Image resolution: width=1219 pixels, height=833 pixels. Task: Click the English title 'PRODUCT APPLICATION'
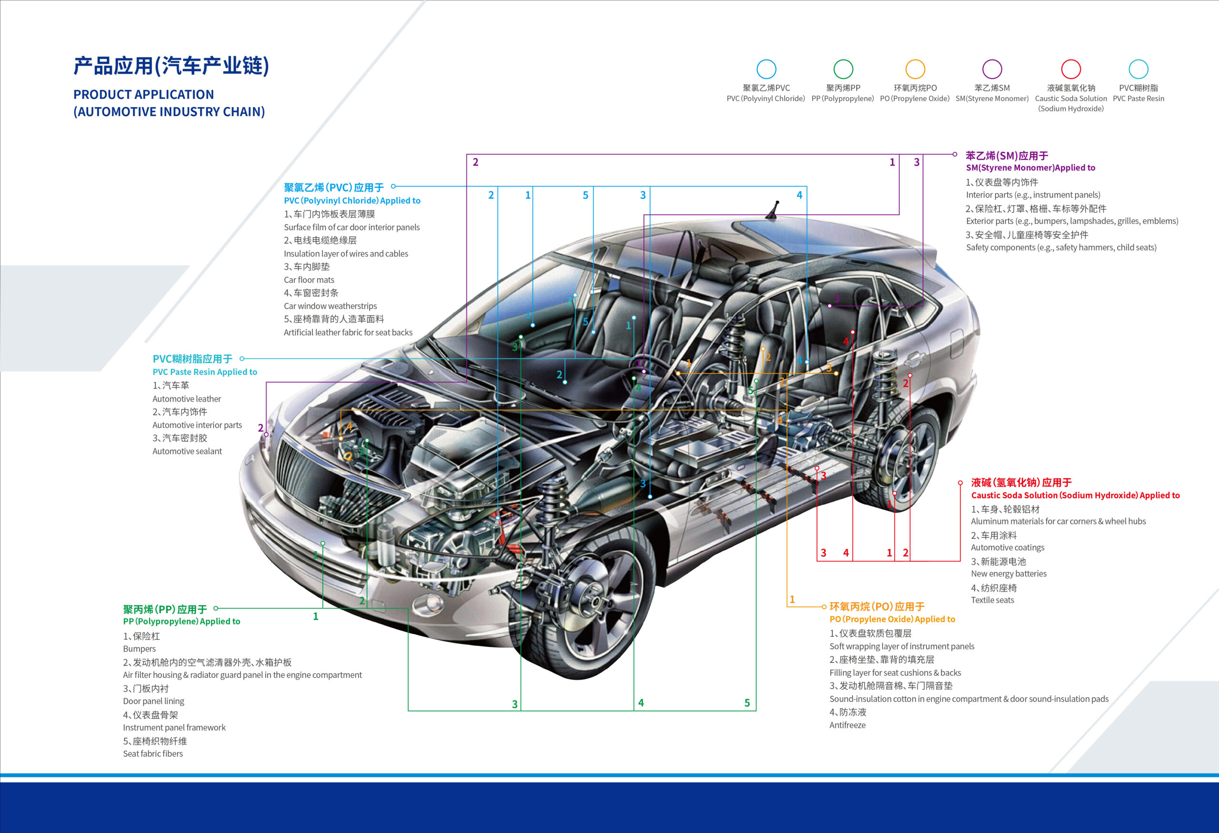click(x=144, y=94)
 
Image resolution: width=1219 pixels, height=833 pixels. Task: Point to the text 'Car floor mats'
click(x=309, y=280)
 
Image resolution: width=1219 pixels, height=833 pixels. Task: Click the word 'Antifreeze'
click(x=847, y=725)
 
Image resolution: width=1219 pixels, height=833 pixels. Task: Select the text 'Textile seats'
click(x=992, y=600)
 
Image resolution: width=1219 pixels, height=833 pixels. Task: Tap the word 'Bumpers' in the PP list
click(x=139, y=649)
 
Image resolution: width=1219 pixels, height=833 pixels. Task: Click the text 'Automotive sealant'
click(x=187, y=451)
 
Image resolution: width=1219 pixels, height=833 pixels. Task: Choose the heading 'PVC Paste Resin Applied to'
click(x=205, y=372)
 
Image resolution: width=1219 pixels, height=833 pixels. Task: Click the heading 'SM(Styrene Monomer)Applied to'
click(x=1031, y=168)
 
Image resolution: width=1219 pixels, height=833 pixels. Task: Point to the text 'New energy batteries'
click(x=1009, y=574)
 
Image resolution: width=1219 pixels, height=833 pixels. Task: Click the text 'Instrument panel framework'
click(x=174, y=728)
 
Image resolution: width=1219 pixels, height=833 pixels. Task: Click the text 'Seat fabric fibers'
click(x=153, y=754)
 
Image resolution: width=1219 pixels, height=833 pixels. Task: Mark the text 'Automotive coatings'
click(x=1008, y=548)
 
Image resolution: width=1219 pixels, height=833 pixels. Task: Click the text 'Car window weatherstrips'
click(x=330, y=306)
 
